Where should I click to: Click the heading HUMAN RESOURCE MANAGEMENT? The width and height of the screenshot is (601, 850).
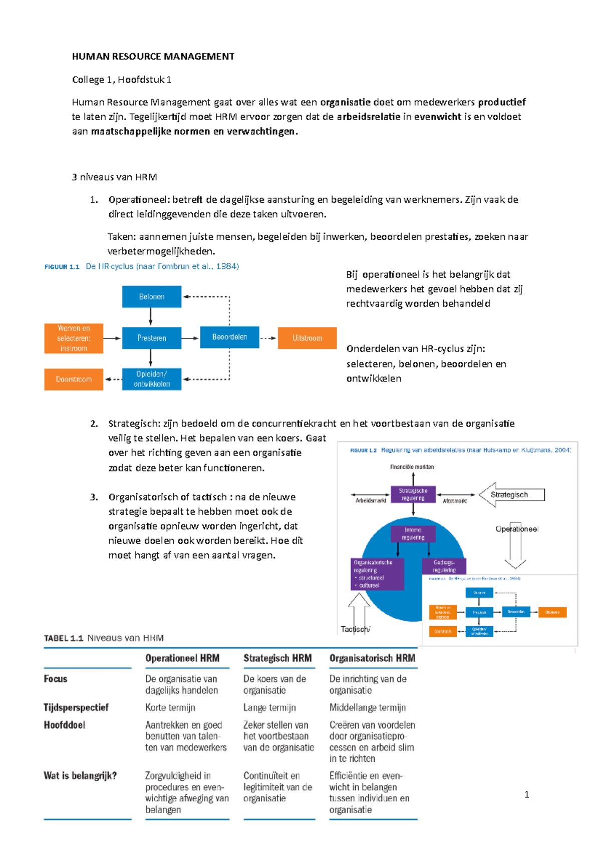[153, 57]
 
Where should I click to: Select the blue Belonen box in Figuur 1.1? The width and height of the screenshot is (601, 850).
[151, 297]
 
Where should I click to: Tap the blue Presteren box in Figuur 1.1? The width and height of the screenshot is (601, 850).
[151, 338]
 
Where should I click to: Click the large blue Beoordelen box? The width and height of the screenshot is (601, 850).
[229, 337]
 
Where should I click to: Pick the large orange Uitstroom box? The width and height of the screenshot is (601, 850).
[307, 338]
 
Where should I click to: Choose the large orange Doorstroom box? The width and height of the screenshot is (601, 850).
[74, 379]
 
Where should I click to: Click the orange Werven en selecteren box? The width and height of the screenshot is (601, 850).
[74, 338]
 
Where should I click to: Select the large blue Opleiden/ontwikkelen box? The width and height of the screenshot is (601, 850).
[151, 379]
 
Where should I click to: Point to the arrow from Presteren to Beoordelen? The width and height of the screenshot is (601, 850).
[190, 338]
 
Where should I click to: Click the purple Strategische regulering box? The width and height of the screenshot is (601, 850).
[413, 495]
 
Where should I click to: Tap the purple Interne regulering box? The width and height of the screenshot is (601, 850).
[413, 534]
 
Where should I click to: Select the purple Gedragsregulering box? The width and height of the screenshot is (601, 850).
[444, 566]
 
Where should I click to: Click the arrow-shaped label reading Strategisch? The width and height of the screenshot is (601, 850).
[511, 495]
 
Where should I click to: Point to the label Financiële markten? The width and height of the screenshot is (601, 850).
[412, 467]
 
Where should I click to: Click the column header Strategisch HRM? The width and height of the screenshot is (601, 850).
[277, 658]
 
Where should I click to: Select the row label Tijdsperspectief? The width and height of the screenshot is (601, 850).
[76, 707]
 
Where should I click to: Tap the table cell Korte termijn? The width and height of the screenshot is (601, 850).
[170, 708]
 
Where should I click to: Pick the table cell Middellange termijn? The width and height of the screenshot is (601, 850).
[368, 708]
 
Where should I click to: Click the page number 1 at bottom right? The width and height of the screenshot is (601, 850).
[526, 794]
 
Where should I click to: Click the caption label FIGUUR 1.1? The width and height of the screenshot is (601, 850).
[62, 267]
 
